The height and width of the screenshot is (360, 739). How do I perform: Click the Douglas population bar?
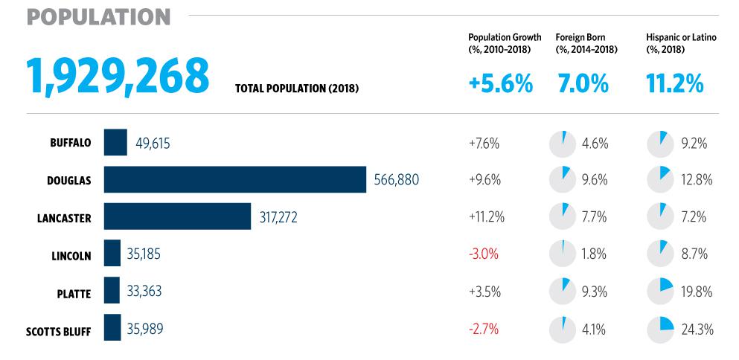click(x=234, y=179)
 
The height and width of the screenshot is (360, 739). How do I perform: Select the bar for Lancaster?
click(x=177, y=216)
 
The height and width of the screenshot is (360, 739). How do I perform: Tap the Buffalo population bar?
click(x=115, y=143)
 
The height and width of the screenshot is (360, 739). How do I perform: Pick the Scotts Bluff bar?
click(x=112, y=327)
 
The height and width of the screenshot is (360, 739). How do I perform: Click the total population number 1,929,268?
click(x=118, y=76)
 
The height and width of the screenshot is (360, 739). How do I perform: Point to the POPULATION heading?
click(x=99, y=16)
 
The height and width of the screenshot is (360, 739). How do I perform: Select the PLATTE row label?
click(x=73, y=293)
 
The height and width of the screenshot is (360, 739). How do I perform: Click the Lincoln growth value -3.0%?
click(x=484, y=254)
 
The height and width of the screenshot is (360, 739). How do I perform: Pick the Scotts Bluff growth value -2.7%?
click(x=484, y=328)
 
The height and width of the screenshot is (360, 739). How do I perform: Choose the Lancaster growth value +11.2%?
click(x=487, y=217)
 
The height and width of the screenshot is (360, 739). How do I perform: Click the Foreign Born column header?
click(x=580, y=42)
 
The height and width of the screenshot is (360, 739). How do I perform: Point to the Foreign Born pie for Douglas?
click(x=563, y=180)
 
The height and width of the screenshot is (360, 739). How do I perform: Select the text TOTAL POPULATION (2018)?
click(x=297, y=89)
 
